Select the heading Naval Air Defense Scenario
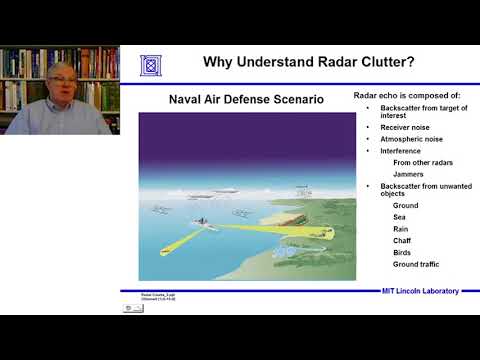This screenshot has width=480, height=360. [x=234, y=100]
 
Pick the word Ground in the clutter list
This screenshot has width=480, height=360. [x=406, y=205]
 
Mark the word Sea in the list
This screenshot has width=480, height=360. [x=400, y=217]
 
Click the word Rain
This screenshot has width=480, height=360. [x=401, y=229]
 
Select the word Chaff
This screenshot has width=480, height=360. [x=402, y=241]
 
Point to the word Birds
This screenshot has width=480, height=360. [x=402, y=253]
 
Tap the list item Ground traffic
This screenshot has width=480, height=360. [x=416, y=265]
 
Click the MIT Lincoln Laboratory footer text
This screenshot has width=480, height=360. [x=420, y=291]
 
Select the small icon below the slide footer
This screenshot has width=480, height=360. [x=133, y=308]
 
